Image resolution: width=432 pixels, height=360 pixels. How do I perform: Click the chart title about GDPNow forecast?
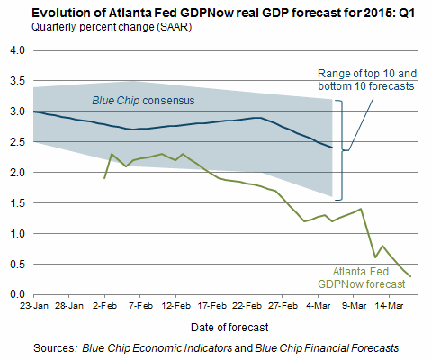coord(223,13)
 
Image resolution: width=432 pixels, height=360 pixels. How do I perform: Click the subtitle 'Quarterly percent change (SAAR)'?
coord(112,27)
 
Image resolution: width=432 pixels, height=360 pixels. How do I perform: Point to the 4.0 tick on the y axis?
coord(17,50)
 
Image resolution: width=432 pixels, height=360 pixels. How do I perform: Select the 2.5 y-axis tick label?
coord(17,142)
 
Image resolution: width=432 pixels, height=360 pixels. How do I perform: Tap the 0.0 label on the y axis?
coord(17,294)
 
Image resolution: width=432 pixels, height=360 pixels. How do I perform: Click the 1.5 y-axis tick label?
coord(17,203)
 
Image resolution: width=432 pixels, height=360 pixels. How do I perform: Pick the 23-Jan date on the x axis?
coord(34,306)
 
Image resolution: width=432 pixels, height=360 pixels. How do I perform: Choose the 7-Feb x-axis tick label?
coord(140,306)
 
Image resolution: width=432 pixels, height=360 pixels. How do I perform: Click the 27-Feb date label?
coord(283,306)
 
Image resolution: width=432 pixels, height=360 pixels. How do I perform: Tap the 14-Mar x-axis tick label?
coord(389,306)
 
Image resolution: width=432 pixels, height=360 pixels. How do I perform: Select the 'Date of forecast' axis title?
coord(229,328)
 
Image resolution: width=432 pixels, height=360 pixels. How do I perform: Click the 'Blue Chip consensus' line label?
coord(143,101)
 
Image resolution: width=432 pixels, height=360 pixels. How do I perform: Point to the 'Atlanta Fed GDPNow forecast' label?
coord(362,278)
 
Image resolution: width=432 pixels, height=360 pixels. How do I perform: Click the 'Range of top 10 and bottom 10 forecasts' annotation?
coord(367,80)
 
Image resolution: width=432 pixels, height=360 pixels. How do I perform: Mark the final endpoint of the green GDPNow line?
coord(410,276)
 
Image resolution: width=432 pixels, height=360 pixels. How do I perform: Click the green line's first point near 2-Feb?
coord(104,178)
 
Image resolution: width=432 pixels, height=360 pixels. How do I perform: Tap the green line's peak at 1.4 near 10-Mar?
coord(361,209)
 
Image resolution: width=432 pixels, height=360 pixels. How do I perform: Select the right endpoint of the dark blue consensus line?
coord(332,148)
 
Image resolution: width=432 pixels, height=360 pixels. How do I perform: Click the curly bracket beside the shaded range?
coord(342,150)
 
